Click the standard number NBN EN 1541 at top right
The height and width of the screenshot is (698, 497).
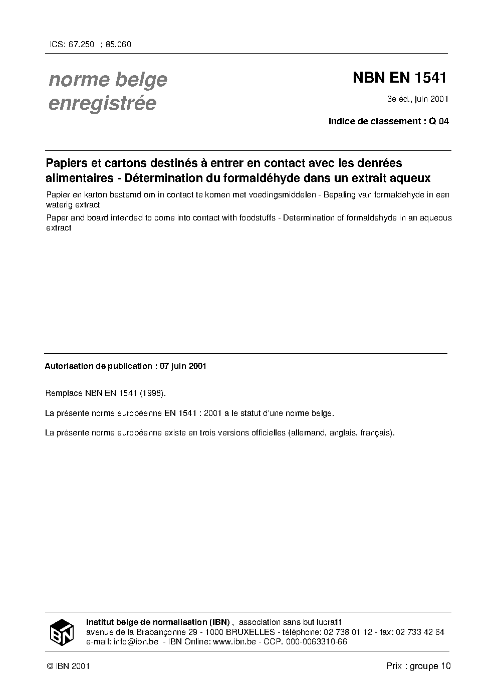399,78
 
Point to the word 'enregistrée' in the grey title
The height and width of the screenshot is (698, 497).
102,103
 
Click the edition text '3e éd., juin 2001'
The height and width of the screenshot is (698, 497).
417,99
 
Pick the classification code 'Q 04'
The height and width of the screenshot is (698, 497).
438,121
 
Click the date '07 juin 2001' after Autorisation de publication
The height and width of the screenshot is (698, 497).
183,366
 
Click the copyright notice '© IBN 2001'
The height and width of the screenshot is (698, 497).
68,666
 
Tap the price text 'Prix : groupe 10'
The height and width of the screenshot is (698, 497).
418,666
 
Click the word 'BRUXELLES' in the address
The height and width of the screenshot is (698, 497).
251,632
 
